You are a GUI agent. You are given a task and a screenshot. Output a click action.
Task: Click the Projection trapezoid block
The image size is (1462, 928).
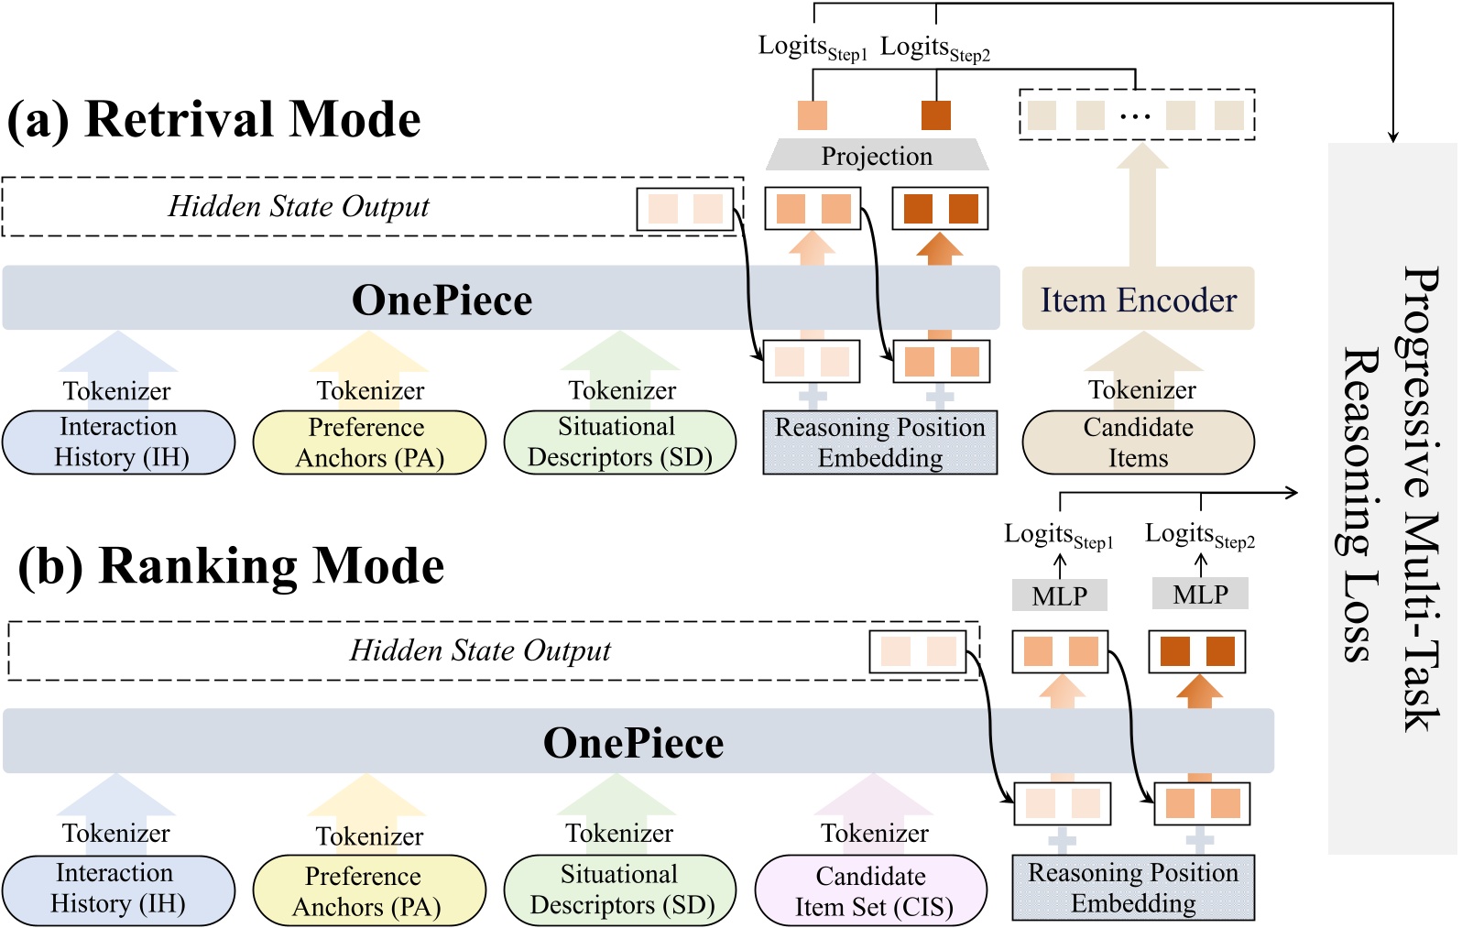877,156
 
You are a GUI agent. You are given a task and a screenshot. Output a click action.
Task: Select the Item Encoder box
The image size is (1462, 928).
1138,300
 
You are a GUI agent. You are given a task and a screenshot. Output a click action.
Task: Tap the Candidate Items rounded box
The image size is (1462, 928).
1138,442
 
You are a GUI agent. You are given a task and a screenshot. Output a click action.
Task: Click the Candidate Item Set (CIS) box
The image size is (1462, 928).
871,890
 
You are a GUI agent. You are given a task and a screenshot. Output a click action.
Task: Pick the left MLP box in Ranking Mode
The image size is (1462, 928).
1059,595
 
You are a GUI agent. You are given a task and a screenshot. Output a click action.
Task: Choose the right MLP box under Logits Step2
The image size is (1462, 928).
1200,595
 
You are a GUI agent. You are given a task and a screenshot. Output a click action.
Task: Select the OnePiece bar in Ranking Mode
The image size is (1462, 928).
633,742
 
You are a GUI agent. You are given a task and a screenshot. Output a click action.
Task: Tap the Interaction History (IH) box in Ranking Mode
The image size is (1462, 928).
117,889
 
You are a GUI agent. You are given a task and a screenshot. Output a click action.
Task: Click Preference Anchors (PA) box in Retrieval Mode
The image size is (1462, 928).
368,442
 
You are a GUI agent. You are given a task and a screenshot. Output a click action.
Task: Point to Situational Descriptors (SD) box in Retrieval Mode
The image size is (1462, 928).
619,442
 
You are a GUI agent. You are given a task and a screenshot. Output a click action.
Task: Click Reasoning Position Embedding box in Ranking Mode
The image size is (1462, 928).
1132,888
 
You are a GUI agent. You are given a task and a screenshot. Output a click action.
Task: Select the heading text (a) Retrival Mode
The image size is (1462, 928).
213,120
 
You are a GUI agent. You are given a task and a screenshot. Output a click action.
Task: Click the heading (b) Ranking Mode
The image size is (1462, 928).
231,566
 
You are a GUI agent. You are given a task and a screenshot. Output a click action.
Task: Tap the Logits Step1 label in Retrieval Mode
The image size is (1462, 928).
812,48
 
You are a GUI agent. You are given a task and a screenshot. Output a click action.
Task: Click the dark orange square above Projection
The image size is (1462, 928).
935,115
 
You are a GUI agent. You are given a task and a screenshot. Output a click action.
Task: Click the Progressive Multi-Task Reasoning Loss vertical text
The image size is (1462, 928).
1391,499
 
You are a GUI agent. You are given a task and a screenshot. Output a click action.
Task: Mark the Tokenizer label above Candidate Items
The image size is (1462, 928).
1141,390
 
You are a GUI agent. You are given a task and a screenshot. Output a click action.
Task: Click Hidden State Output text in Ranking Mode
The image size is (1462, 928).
480,650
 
